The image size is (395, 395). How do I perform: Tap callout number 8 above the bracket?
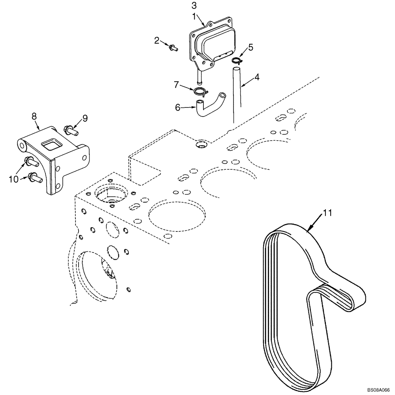[x=34, y=116]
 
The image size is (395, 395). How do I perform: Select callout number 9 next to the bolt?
[x=85, y=118]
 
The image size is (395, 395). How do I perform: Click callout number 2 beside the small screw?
[x=157, y=40]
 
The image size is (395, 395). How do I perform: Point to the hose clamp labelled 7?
[x=200, y=92]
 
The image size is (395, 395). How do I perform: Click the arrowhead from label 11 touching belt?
[x=309, y=229]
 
